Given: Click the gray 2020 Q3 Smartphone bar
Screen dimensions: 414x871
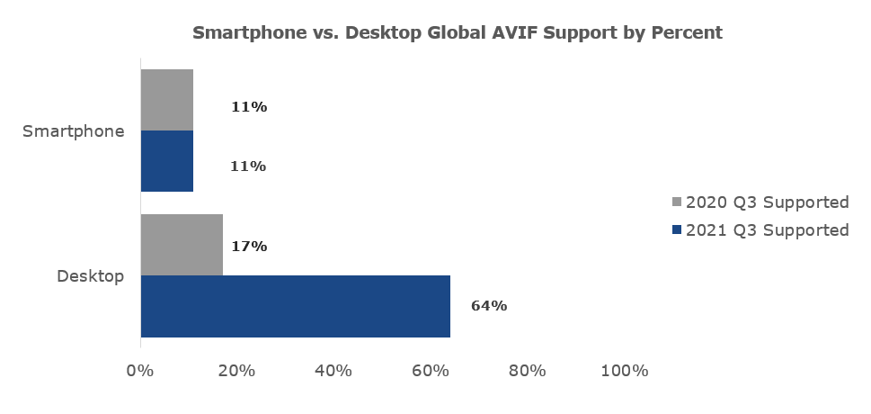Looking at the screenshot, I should pos(167,100).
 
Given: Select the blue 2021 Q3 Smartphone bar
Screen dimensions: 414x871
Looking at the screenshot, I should pos(167,161).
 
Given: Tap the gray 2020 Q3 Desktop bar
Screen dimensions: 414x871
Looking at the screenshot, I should pos(182,245).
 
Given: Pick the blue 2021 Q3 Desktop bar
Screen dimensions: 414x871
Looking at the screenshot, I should pos(295,306).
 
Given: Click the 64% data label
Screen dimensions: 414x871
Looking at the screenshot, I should pos(489,306).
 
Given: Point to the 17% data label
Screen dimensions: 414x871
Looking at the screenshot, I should pos(249,246).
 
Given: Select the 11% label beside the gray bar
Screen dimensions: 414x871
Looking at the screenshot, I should pos(249,107).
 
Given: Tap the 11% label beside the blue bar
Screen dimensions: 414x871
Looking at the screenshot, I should pos(249,166).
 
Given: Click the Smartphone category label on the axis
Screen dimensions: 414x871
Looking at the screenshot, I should pos(74,131).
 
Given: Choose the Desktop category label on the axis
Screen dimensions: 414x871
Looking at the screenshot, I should pos(90,275).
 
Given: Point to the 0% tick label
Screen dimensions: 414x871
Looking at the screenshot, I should pos(140,371).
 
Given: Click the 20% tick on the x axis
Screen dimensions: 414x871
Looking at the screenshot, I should pos(237,371).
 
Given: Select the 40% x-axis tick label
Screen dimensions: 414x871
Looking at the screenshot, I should pos(333,371).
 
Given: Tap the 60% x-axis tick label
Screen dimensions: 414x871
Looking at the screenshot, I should pos(431,371).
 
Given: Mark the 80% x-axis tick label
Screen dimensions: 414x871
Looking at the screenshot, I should pos(528,371).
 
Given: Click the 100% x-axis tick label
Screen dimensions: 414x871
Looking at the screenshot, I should pos(624,371).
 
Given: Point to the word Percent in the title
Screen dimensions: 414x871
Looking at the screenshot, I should pos(687,33).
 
